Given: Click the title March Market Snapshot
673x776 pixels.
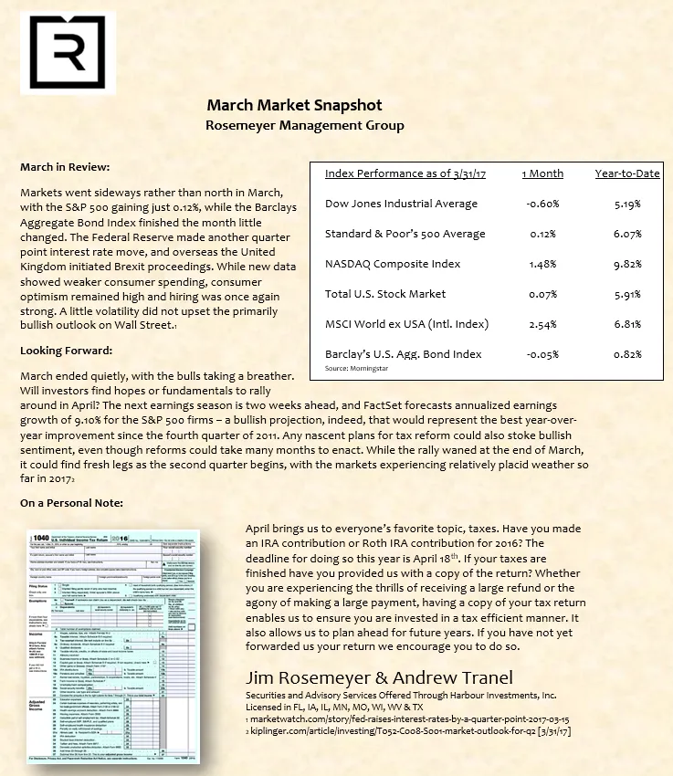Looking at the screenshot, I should tap(294, 106).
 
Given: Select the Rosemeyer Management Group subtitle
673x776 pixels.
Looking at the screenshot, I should tap(305, 125).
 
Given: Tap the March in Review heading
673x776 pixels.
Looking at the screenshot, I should tap(64, 168).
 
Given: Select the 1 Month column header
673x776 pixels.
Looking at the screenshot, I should tap(542, 173).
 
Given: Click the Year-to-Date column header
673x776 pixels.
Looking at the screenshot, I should tap(627, 173).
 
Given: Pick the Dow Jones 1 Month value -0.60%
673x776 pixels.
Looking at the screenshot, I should tap(542, 204).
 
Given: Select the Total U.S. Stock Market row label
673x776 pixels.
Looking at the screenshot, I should tap(385, 294).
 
